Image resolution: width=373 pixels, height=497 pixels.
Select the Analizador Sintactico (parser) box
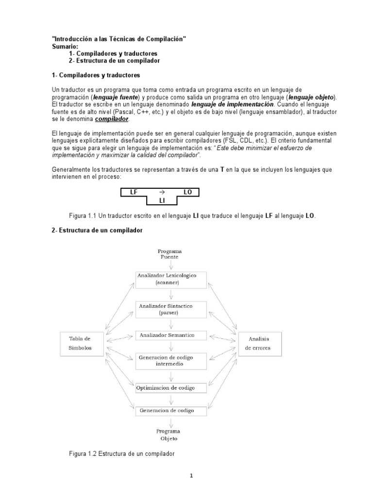point(170,309)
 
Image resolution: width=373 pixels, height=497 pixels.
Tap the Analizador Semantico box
point(170,335)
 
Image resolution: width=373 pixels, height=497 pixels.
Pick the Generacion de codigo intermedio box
point(170,361)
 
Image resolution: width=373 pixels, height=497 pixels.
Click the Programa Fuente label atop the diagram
point(170,254)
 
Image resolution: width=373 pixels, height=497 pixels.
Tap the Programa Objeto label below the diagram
point(169,434)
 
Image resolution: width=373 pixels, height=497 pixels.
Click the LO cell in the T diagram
point(188,192)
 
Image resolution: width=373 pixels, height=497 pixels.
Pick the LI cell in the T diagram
point(162,200)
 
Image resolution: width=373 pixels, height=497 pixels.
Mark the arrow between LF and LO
point(162,192)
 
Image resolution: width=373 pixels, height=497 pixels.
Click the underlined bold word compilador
point(112,118)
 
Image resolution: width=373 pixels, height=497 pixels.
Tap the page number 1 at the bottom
point(191,476)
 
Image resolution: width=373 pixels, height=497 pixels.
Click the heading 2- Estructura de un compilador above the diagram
point(97,231)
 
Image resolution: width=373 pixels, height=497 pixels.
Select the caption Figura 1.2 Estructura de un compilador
point(121,453)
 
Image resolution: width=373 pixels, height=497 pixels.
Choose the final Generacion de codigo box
point(170,411)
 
